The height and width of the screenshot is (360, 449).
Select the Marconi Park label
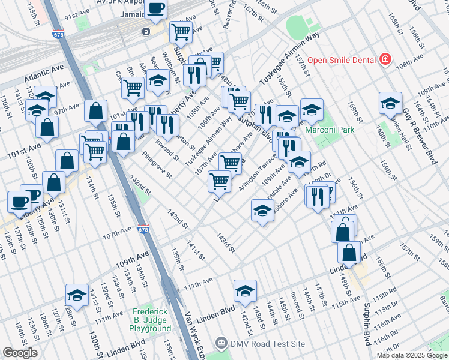(x=329, y=130)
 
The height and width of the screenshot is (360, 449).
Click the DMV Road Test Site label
(x=267, y=344)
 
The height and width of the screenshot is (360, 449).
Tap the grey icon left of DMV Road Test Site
(x=221, y=344)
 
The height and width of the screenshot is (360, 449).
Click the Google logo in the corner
(x=19, y=353)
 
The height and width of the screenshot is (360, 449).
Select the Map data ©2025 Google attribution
(x=412, y=355)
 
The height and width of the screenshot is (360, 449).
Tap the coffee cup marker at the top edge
(x=156, y=8)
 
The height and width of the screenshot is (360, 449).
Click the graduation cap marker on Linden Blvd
(x=245, y=291)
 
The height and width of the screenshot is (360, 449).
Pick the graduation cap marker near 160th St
(x=390, y=103)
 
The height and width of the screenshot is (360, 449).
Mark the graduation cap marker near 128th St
(x=77, y=295)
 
